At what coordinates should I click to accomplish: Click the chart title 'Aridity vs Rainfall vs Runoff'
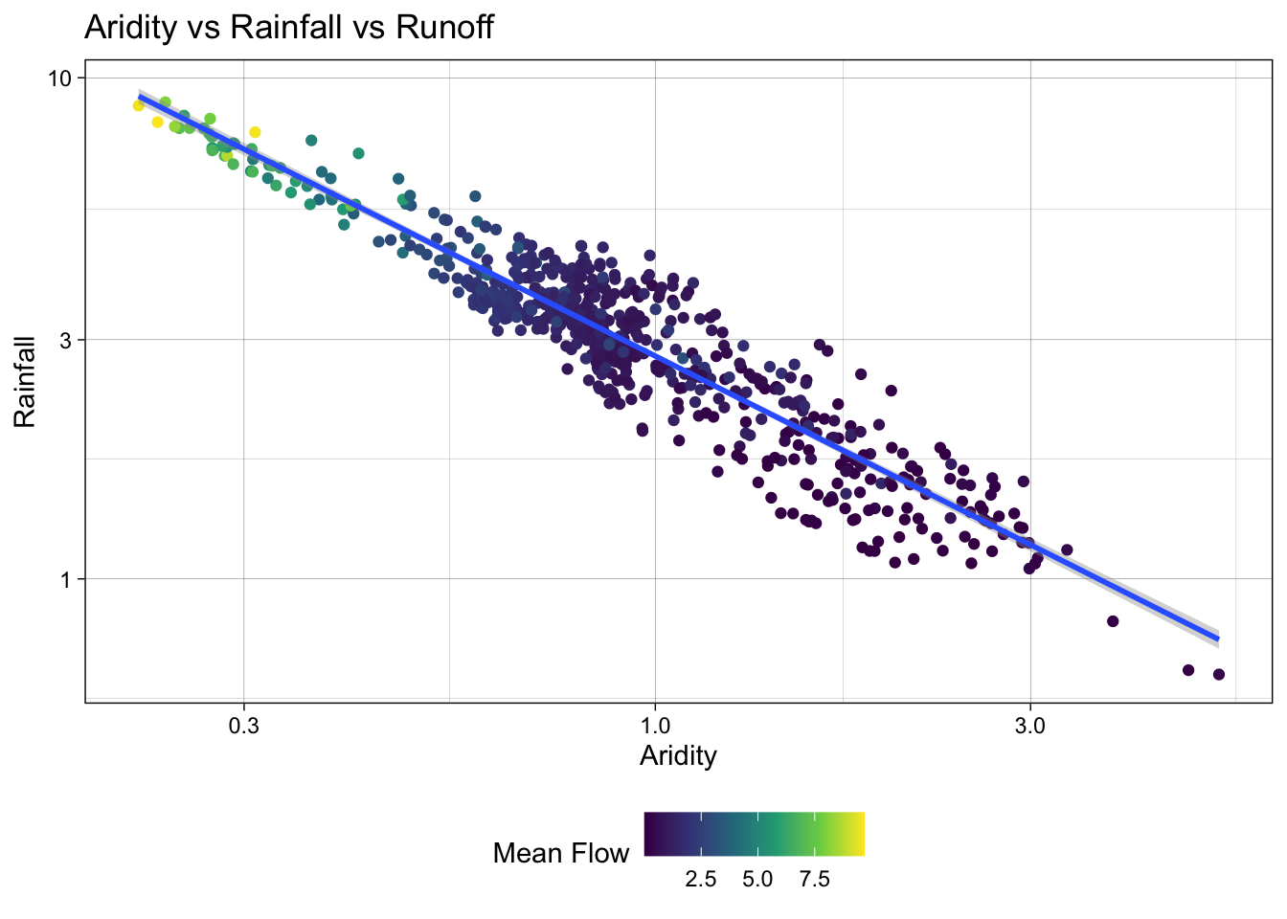coord(288,27)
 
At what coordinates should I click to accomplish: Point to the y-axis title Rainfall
coord(25,381)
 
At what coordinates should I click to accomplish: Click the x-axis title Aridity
coord(678,756)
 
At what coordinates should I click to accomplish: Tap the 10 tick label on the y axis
coord(61,78)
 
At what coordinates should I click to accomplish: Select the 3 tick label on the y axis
coord(67,340)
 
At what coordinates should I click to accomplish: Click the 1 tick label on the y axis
coord(67,579)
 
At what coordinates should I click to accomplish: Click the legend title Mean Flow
coord(561,854)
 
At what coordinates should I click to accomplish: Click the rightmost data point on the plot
coord(1219,675)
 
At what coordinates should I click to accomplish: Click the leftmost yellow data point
coord(138,105)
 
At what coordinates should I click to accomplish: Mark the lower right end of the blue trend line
coord(1217,638)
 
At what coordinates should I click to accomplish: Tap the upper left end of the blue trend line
coord(140,97)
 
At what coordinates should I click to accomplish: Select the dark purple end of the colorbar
coord(648,833)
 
